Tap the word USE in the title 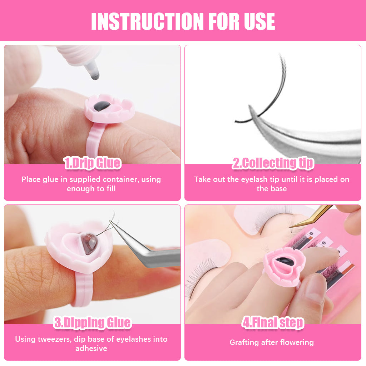click(257, 21)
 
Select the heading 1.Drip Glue click(92, 163)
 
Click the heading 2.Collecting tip click(273, 163)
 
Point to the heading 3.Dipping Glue click(92, 323)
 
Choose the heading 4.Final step click(273, 323)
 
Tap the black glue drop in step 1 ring click(102, 106)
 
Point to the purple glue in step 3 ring click(89, 243)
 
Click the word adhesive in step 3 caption click(91, 348)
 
